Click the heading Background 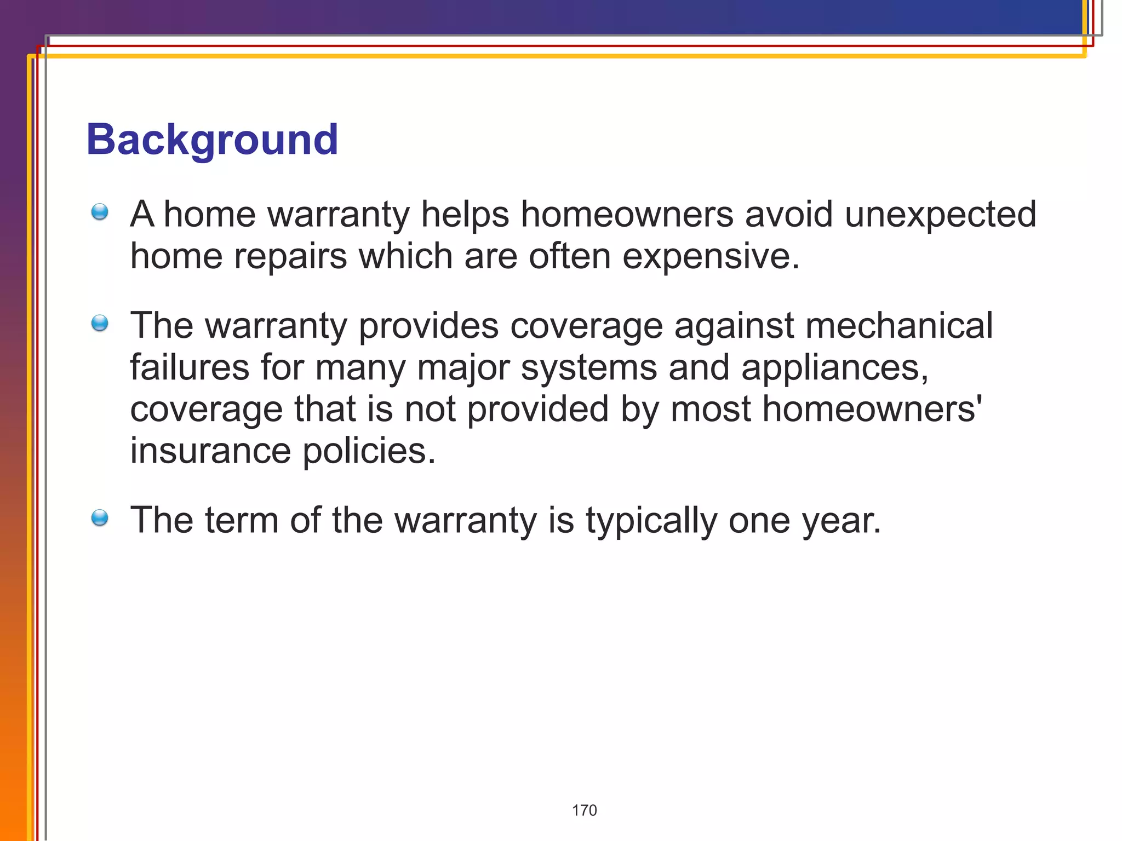click(x=212, y=140)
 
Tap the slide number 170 click(x=584, y=810)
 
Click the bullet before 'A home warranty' click(x=100, y=211)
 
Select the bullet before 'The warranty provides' click(x=100, y=323)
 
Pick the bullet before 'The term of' click(x=100, y=517)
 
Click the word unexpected click(x=940, y=215)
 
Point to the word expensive click(x=711, y=256)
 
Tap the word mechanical click(x=898, y=326)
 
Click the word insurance click(x=210, y=451)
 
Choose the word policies click(x=369, y=451)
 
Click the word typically click(x=651, y=521)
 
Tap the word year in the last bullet click(x=841, y=521)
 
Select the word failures click(x=190, y=367)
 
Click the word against click(x=734, y=326)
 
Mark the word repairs click(x=290, y=256)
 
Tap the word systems click(x=588, y=367)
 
